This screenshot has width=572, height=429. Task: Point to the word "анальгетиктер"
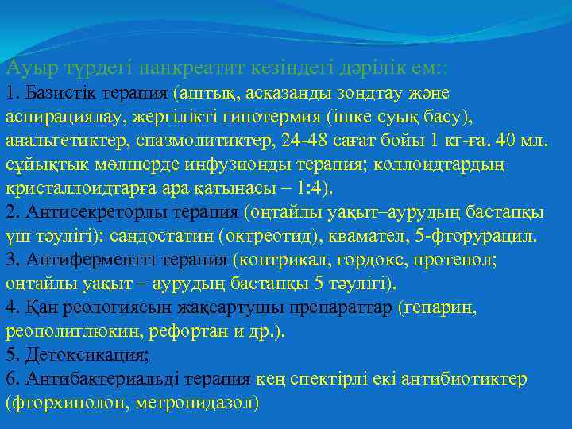coord(59,141)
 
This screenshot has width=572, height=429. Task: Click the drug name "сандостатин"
coord(162,237)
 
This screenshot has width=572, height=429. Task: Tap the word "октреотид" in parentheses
coord(265,237)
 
